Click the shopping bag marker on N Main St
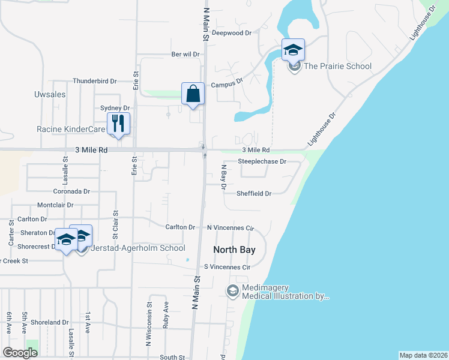(x=193, y=94)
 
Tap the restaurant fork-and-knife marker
(x=118, y=124)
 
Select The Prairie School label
(x=337, y=67)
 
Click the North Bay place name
(x=235, y=249)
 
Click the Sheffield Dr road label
(x=254, y=194)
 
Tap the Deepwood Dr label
(x=231, y=33)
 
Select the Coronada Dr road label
(x=71, y=192)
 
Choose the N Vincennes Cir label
(x=231, y=228)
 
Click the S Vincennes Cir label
(x=226, y=266)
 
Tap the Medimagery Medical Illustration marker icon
(x=232, y=291)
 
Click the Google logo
(x=20, y=353)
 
